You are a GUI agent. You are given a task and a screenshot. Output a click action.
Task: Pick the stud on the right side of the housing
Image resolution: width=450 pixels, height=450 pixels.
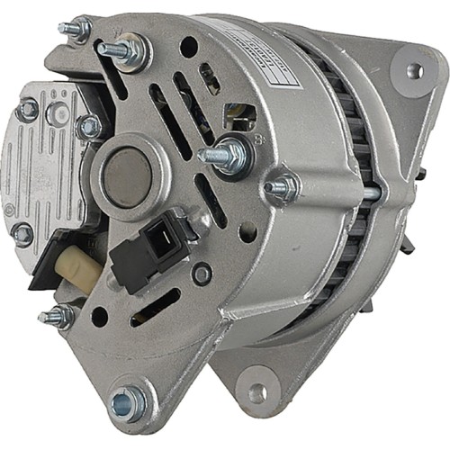pos(283,189)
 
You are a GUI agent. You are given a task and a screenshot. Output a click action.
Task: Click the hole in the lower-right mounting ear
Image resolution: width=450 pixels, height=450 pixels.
pos(257,392)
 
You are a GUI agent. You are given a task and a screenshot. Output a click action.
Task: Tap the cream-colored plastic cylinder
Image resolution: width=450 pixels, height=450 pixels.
pos(70,263)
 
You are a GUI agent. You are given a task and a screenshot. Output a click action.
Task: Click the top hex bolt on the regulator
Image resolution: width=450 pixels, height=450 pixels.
pos(28,110)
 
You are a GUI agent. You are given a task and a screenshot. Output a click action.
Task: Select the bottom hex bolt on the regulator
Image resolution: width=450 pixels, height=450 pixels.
pos(22,235)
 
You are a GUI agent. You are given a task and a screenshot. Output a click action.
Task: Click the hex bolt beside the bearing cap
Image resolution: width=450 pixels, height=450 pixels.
pos(90,128)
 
